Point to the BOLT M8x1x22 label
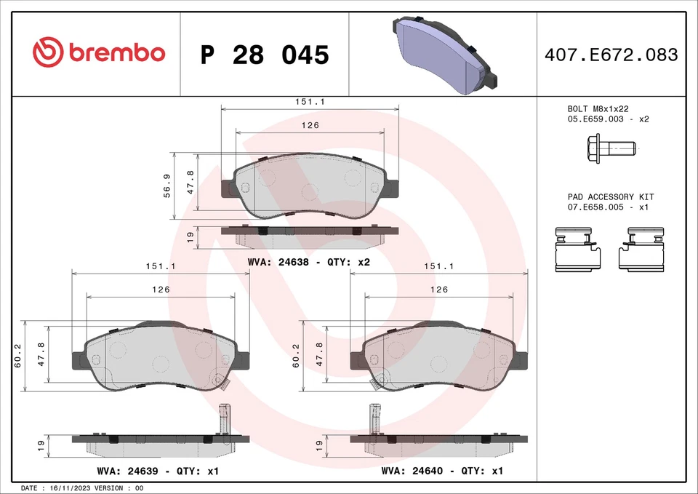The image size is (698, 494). click(598, 108)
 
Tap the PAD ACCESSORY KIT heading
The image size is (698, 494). click(610, 197)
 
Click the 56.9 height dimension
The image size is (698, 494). click(167, 186)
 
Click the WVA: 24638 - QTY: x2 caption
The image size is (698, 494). click(309, 261)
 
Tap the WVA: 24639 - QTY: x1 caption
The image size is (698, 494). click(158, 471)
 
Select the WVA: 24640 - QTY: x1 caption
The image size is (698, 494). click(441, 471)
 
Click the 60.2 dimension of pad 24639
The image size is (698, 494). click(17, 355)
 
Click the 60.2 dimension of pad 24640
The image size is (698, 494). click(296, 355)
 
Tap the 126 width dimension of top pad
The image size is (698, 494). click(310, 125)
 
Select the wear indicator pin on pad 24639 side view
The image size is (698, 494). click(224, 419)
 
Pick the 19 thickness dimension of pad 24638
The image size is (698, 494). click(189, 236)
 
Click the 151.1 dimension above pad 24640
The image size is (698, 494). click(439, 266)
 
